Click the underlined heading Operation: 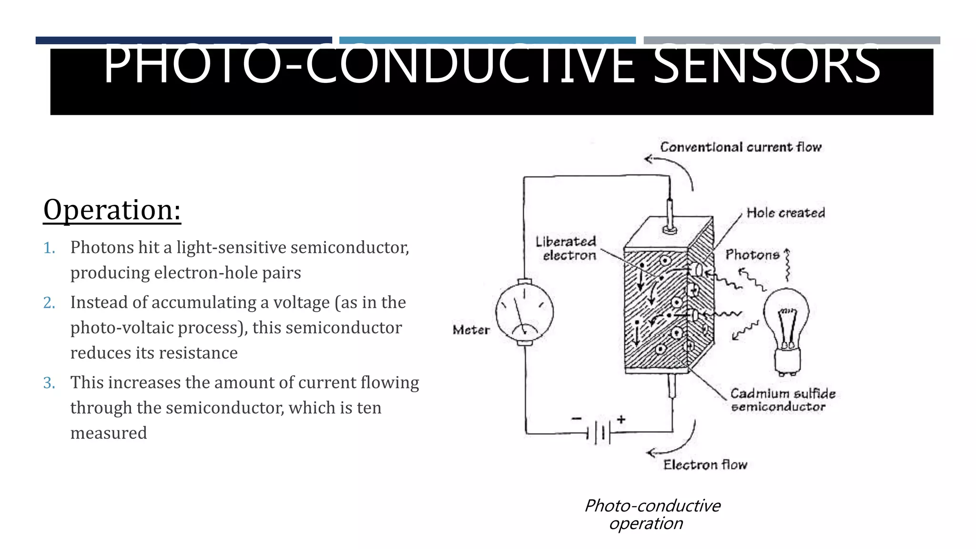112,210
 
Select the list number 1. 49,248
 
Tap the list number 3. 49,383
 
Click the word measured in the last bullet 109,433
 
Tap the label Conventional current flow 741,147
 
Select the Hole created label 785,213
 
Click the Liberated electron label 566,248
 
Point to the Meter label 471,330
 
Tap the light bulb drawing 786,329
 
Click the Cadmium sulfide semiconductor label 782,400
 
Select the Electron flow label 705,465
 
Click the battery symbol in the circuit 599,433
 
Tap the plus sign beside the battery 621,419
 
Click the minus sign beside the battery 577,418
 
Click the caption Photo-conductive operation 652,514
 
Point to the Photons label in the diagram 752,255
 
